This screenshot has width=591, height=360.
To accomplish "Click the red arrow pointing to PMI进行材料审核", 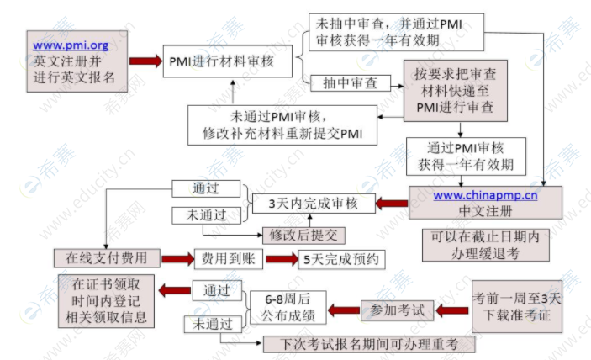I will pos(145,61).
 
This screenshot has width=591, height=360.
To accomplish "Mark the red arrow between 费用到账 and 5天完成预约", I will pos(281,259).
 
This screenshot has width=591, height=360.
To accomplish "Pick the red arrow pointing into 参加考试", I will pos(452,310).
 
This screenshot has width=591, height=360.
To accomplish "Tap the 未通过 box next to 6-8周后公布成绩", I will pos(208,323).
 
